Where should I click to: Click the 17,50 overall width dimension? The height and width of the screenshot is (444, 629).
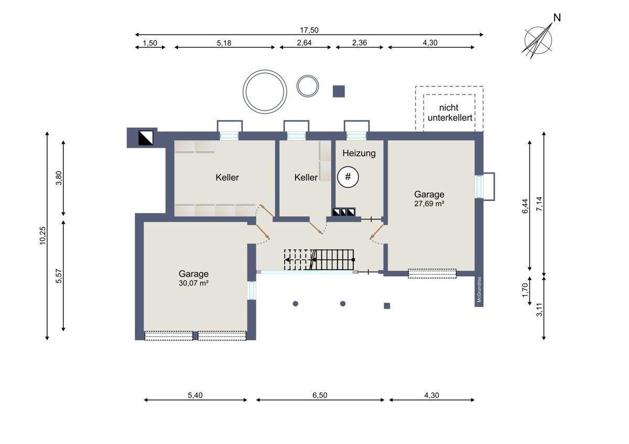[309, 30]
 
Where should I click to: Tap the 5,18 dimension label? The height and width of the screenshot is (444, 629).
[224, 43]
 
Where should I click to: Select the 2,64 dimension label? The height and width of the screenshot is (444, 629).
[304, 42]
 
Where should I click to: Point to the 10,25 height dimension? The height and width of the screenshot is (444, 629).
[42, 236]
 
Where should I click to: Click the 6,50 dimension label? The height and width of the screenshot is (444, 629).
[320, 395]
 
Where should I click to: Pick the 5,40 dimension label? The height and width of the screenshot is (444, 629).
[195, 395]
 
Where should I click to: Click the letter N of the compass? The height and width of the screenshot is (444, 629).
[557, 18]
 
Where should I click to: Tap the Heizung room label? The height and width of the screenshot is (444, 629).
[359, 153]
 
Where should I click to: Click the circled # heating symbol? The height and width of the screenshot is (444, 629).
[348, 177]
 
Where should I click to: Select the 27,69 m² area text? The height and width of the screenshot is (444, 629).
[429, 204]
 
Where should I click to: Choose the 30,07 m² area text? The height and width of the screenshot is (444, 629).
[193, 283]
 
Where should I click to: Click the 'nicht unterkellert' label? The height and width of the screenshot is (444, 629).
[450, 113]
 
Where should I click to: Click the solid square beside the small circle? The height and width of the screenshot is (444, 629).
[339, 92]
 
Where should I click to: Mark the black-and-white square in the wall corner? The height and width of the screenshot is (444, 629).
[146, 138]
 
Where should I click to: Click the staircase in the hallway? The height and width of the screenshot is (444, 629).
[319, 260]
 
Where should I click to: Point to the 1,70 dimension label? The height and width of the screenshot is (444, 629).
[525, 290]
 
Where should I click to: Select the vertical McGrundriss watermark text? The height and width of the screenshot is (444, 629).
[479, 290]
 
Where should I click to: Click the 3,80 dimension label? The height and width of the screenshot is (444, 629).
[59, 178]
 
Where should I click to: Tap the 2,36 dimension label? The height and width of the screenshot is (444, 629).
[360, 42]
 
